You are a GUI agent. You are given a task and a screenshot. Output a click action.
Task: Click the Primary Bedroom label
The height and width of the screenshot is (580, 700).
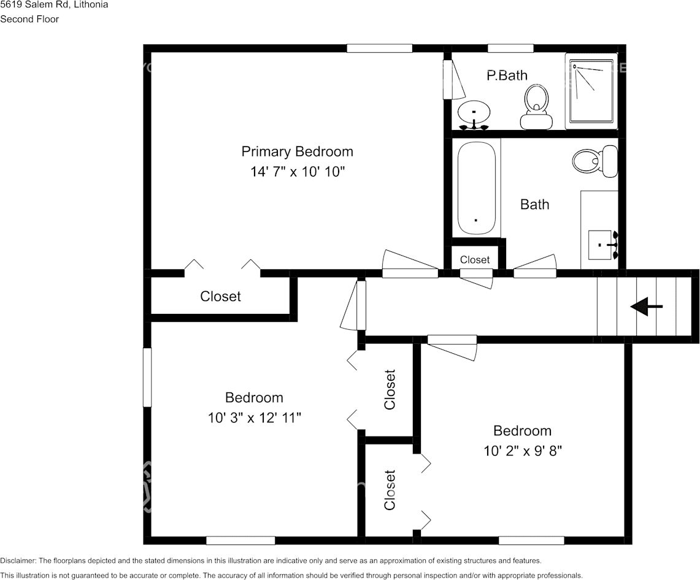pyautogui.click(x=297, y=151)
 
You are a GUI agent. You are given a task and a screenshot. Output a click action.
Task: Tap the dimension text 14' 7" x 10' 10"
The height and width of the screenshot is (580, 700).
pyautogui.click(x=297, y=172)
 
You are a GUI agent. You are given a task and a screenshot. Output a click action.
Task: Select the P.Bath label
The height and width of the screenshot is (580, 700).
pyautogui.click(x=507, y=75)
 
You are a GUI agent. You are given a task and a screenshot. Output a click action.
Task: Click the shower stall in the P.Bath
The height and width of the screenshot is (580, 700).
pyautogui.click(x=591, y=91)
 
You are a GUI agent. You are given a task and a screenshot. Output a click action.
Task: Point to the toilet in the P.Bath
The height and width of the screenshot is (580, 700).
pyautogui.click(x=537, y=105)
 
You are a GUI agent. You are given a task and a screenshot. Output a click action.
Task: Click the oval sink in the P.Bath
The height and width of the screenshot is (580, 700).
pyautogui.click(x=474, y=113)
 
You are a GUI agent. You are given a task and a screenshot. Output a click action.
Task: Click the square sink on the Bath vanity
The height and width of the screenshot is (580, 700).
pyautogui.click(x=601, y=245)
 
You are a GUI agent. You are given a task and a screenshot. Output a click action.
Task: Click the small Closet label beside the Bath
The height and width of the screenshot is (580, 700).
pyautogui.click(x=475, y=259)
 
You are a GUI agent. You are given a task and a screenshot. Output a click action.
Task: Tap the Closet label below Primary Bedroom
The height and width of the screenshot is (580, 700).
pyautogui.click(x=220, y=296)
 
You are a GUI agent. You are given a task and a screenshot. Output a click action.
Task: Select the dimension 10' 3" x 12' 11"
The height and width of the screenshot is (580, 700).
pyautogui.click(x=254, y=418)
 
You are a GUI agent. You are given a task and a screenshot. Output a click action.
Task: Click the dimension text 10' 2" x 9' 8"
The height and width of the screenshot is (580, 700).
pyautogui.click(x=523, y=451)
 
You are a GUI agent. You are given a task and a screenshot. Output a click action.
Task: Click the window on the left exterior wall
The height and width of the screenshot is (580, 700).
pyautogui.click(x=147, y=377)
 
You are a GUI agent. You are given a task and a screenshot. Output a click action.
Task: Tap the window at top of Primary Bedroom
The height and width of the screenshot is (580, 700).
pyautogui.click(x=379, y=48)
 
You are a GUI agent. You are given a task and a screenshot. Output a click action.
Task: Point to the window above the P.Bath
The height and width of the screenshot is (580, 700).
pyautogui.click(x=510, y=48)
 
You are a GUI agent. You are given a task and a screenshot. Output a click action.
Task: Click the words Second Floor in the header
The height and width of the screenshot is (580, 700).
pyautogui.click(x=29, y=19)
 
